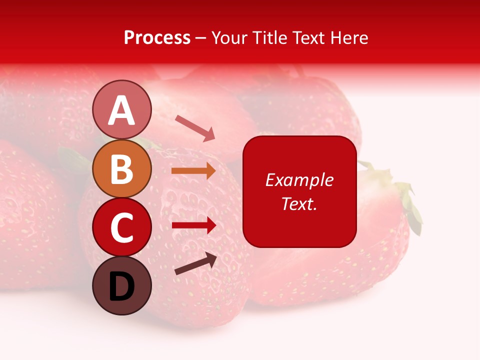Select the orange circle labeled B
pyautogui.click(x=121, y=169)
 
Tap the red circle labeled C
pyautogui.click(x=121, y=227)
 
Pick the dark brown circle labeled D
pyautogui.click(x=121, y=285)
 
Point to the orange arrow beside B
pyautogui.click(x=193, y=170)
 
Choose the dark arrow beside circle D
pyautogui.click(x=195, y=263)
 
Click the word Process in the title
pyautogui.click(x=157, y=37)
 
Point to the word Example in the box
pyautogui.click(x=299, y=180)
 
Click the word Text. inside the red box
pyautogui.click(x=299, y=203)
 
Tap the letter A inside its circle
pyautogui.click(x=121, y=110)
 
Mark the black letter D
pyautogui.click(x=121, y=287)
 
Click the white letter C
pyautogui.click(x=121, y=228)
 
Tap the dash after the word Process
pyautogui.click(x=201, y=38)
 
